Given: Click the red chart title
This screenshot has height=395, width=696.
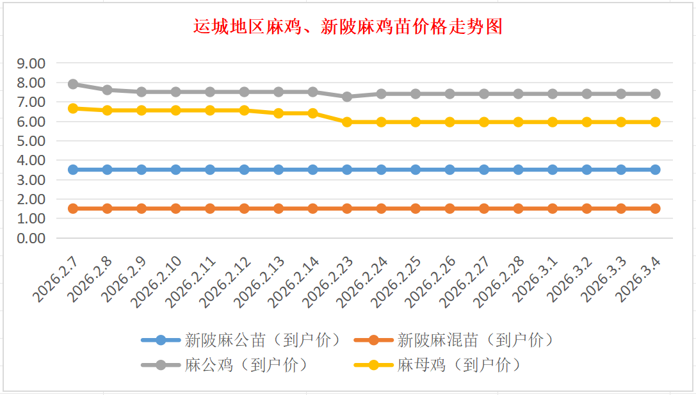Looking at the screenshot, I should point(348,27).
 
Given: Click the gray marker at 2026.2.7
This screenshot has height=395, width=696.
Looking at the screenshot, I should point(73,84).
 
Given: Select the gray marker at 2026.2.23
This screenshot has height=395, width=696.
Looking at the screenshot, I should point(347,97).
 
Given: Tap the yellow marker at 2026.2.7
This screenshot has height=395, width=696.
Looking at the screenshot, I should point(73,108).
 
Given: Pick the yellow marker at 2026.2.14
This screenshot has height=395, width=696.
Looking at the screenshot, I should point(312,113).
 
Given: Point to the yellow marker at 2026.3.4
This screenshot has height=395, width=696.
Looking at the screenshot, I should point(655,122).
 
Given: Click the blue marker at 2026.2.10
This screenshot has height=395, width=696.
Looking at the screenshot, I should point(176,170).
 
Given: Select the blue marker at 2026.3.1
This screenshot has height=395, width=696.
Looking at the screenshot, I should point(553,170).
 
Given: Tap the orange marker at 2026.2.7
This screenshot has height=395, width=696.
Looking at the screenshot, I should point(73,208).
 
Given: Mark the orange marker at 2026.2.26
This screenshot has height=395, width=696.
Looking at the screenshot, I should point(449,208).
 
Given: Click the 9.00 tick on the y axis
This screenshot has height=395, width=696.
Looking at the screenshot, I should point(31,63).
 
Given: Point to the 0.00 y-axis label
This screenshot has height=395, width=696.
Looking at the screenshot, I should point(31,238).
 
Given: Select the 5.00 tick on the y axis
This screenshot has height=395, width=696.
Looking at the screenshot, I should point(31,141).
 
